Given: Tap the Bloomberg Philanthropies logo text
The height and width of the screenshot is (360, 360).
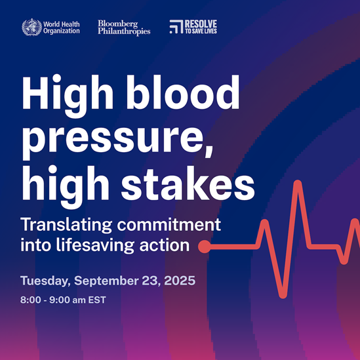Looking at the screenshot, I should coord(124,27).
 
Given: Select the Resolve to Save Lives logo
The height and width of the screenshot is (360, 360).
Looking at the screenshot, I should coord(193,27).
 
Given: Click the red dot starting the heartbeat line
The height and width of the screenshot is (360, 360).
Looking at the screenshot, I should coord(204,247).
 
